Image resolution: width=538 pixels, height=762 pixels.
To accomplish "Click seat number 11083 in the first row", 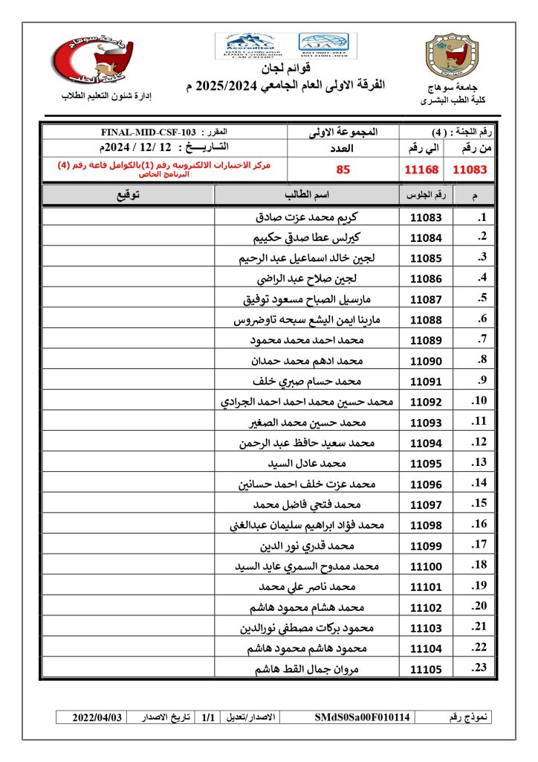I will click(426, 218).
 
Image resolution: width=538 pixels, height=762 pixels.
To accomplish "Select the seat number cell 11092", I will click(426, 403).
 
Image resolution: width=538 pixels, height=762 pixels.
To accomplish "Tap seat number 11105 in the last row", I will click(426, 669).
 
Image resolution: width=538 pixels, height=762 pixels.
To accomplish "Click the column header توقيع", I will click(128, 195).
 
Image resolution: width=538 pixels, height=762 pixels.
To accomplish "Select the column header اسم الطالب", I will click(307, 195).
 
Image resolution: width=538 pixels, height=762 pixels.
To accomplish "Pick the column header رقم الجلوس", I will click(426, 195).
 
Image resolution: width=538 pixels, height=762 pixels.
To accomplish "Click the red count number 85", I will click(343, 169).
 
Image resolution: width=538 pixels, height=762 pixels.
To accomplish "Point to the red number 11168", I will click(422, 169).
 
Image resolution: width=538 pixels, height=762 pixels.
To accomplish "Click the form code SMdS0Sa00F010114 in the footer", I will click(362, 717).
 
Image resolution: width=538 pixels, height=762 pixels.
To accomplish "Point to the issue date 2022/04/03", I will click(97, 717).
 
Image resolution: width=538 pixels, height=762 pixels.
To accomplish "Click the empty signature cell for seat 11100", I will click(128, 566).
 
